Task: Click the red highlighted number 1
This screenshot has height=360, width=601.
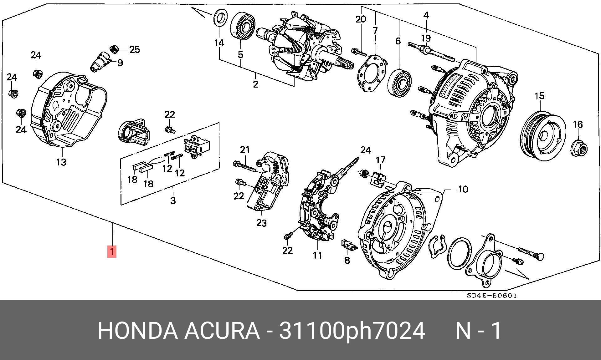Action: (112, 251)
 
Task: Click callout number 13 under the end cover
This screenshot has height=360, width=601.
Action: (61, 162)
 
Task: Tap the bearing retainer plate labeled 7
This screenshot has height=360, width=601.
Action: (372, 74)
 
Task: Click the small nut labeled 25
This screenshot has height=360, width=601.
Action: (114, 49)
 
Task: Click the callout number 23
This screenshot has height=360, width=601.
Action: (261, 223)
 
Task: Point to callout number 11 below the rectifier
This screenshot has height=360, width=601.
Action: (317, 255)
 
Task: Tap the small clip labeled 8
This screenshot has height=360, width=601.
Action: (348, 245)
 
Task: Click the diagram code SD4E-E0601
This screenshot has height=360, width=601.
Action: (492, 296)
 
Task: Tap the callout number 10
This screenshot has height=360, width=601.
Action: (463, 189)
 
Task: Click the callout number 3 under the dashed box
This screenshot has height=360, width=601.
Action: (173, 200)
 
